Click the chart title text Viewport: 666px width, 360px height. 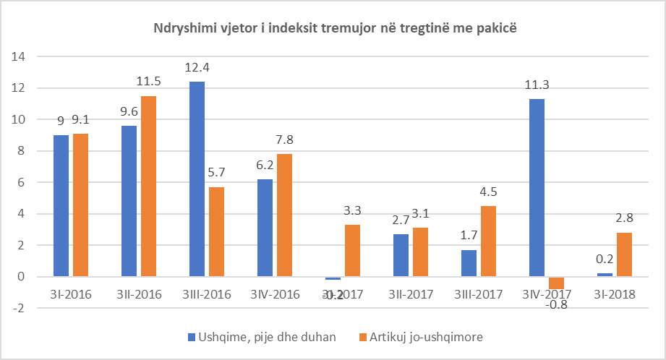(x=333, y=28)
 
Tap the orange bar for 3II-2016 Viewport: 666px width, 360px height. (x=148, y=187)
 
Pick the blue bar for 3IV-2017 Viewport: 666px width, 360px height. (x=537, y=188)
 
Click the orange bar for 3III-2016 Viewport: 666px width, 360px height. (x=216, y=232)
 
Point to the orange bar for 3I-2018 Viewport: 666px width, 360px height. (x=625, y=254)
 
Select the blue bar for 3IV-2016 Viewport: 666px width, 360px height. (x=265, y=228)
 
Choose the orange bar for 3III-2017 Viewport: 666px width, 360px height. (x=488, y=241)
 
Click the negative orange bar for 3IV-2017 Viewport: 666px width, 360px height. (x=556, y=283)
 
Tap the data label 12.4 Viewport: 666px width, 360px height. (x=197, y=69)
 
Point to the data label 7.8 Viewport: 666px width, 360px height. (x=284, y=140)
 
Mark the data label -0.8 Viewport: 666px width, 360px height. (x=556, y=304)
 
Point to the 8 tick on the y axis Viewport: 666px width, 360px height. (x=22, y=151)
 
